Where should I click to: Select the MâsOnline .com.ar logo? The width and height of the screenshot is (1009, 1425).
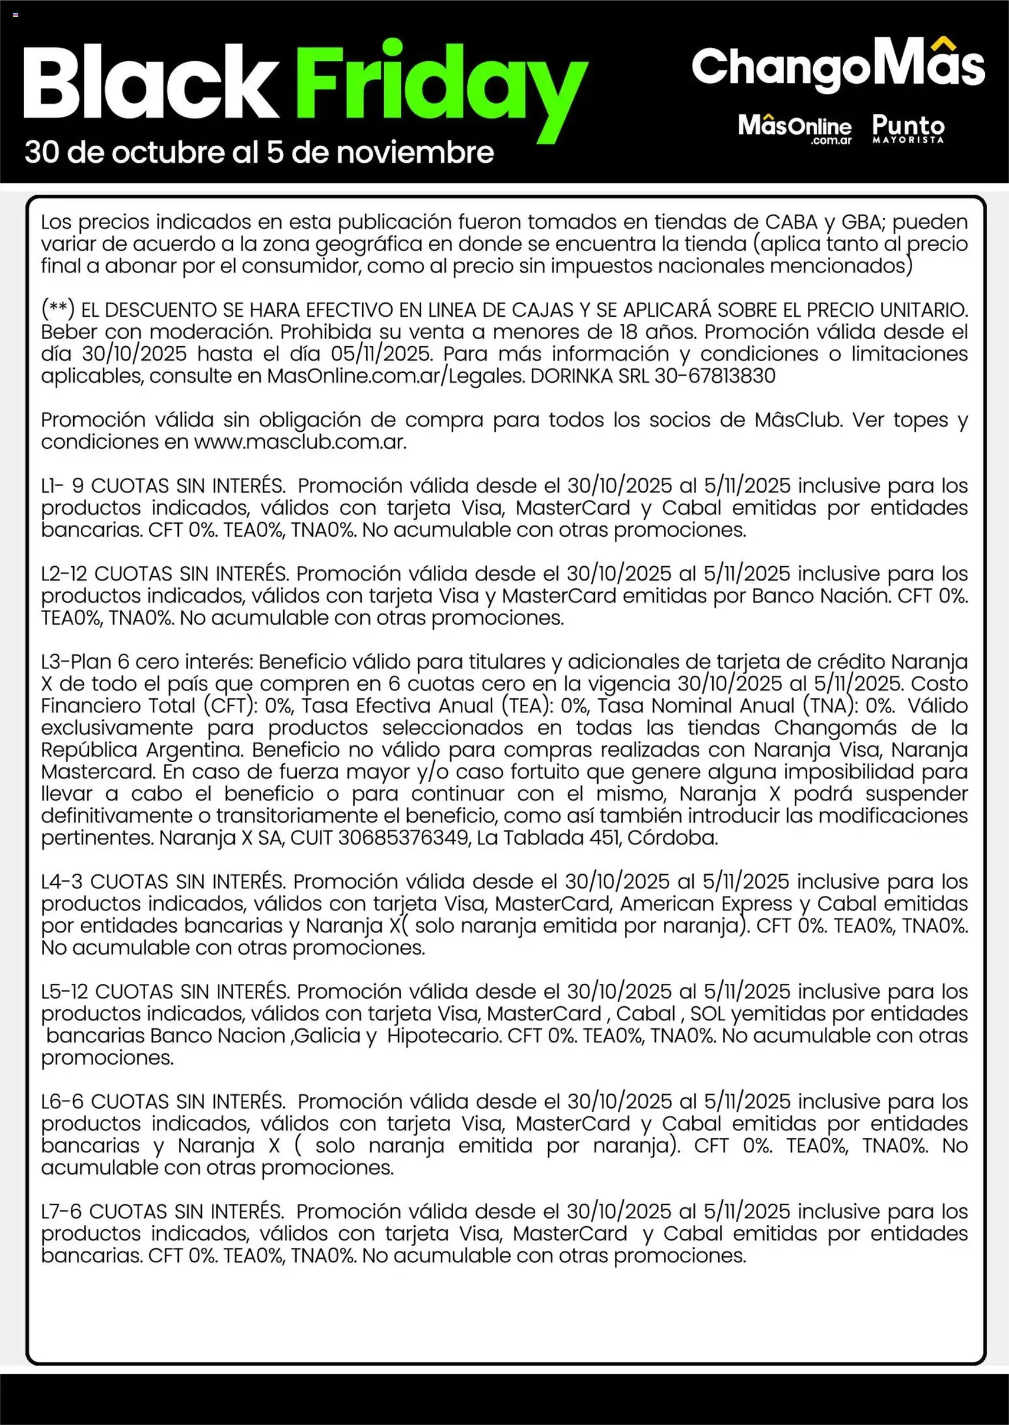coord(795,128)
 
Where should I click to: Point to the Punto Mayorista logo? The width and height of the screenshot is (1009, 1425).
coord(908,128)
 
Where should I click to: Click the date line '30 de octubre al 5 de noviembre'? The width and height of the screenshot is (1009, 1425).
coord(259,153)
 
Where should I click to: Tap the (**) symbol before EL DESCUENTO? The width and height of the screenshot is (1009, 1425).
coord(58,309)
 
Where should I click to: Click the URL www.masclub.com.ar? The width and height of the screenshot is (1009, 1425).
coord(300,442)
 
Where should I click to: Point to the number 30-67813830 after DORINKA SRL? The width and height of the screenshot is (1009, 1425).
coord(715,376)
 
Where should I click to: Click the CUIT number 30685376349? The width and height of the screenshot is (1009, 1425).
coord(403,838)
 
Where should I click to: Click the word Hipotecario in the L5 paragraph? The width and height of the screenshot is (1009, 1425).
coord(444,1036)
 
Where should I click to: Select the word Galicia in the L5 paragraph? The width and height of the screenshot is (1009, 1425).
coord(327,1036)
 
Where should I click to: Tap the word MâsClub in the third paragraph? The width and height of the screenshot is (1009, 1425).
coord(798,421)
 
